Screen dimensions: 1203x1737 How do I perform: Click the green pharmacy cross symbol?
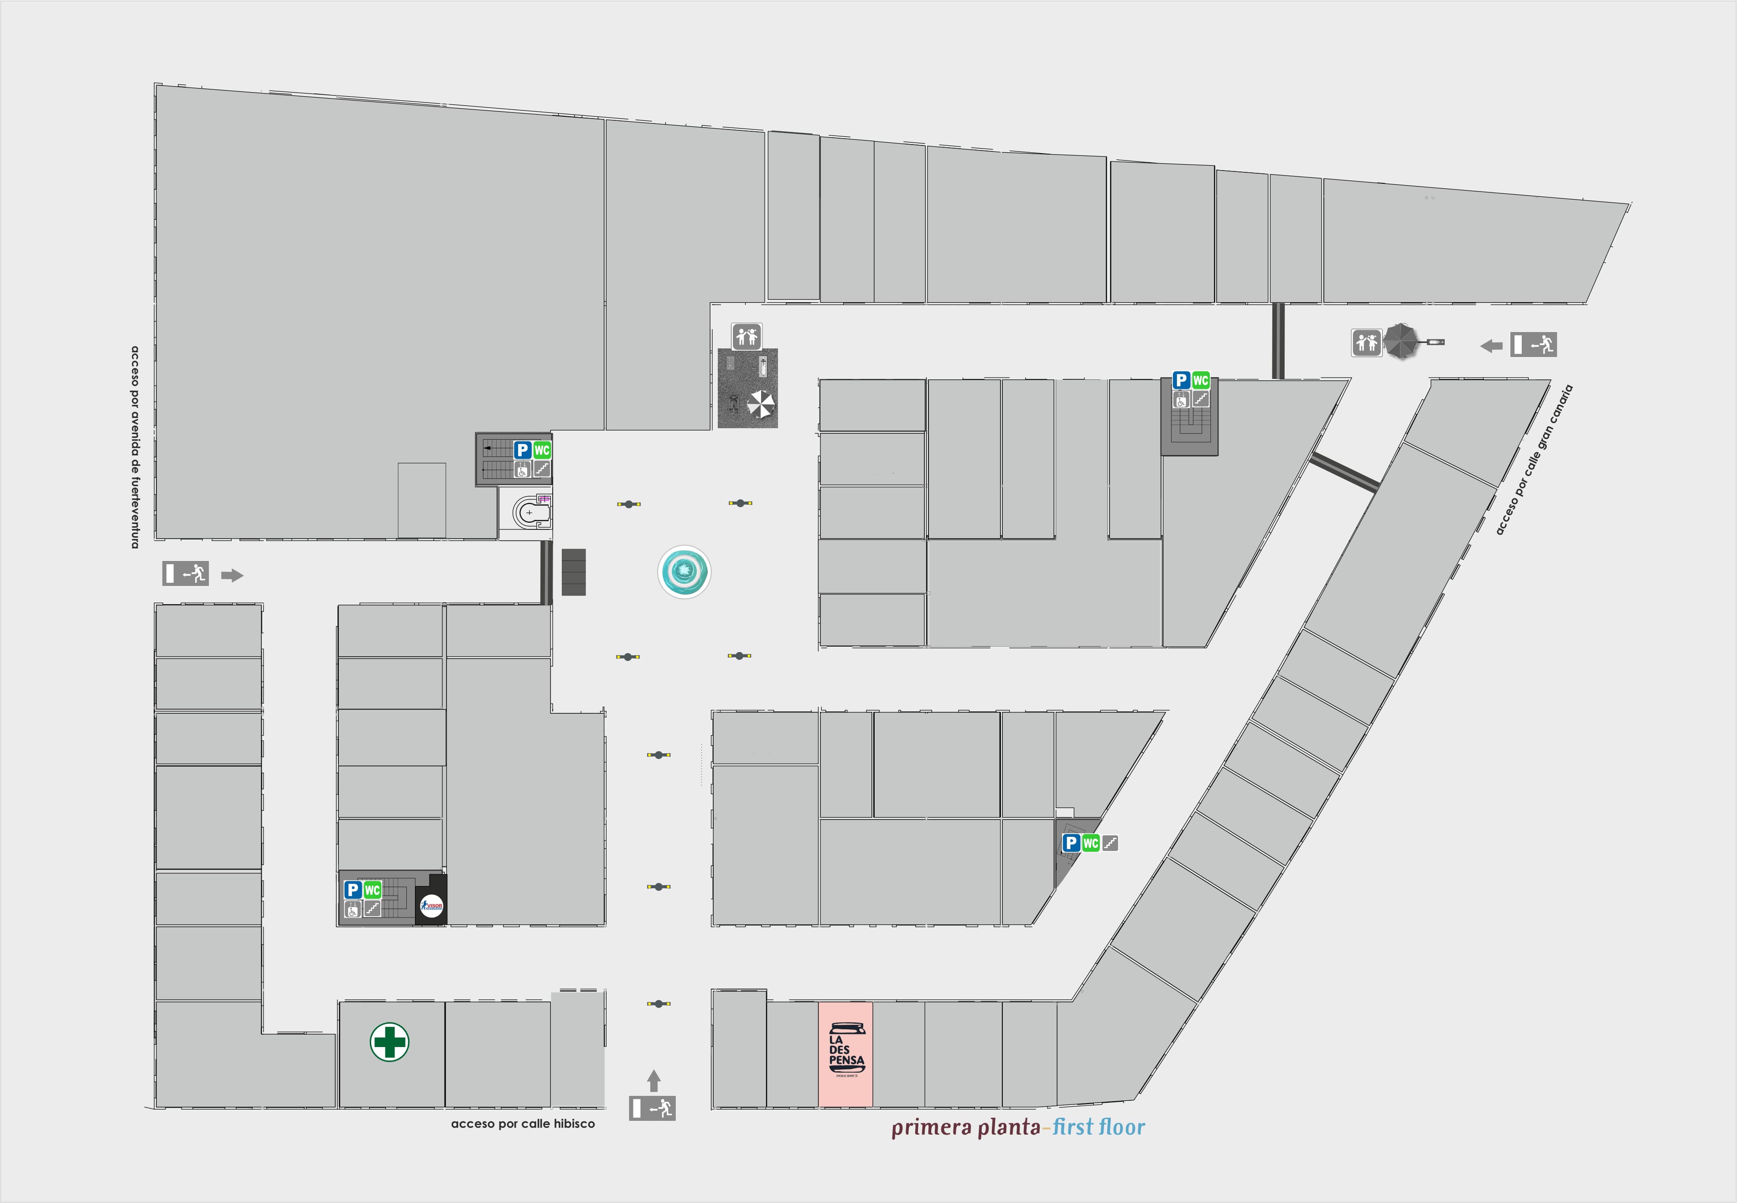click(x=389, y=1042)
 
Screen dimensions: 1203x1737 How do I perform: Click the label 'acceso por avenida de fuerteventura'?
click(x=135, y=447)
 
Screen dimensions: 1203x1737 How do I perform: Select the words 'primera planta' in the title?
click(x=965, y=1128)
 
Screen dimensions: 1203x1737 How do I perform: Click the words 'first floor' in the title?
click(x=1098, y=1128)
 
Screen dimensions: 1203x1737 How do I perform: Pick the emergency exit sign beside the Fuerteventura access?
click(x=186, y=574)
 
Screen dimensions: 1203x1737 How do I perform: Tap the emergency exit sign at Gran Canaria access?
click(x=1533, y=344)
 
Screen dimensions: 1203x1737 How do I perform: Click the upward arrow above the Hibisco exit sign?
click(x=653, y=1080)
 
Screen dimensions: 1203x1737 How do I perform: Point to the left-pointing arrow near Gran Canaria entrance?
click(x=1491, y=346)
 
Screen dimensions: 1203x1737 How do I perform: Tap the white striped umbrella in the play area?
click(x=760, y=404)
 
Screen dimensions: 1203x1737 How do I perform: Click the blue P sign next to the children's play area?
click(x=522, y=450)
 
